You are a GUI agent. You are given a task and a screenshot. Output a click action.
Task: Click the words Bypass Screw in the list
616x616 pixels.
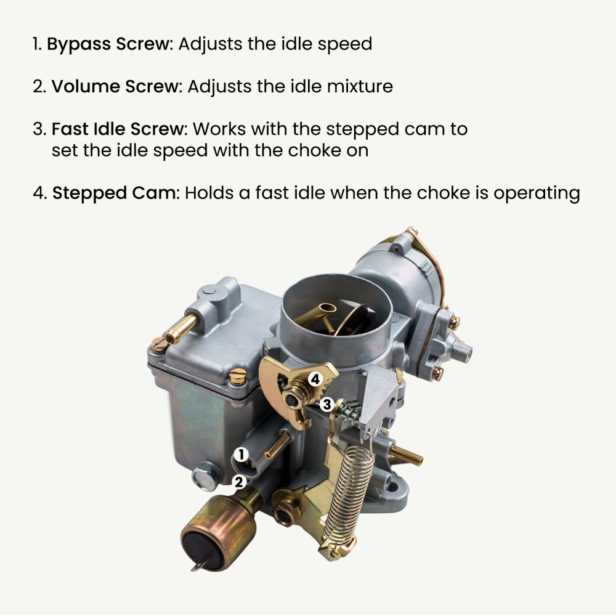click(x=108, y=44)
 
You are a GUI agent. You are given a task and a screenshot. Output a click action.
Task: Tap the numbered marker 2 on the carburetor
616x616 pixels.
click(x=238, y=482)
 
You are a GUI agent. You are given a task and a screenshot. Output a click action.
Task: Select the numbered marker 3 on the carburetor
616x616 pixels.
click(x=326, y=404)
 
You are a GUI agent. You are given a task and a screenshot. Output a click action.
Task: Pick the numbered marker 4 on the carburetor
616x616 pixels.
click(x=315, y=379)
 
